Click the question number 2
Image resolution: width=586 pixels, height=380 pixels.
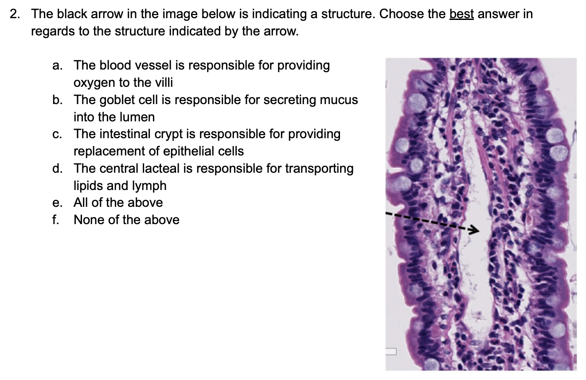pos(15,14)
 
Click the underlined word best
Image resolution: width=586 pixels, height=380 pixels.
pos(461,14)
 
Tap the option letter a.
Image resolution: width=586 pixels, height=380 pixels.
pos(57,66)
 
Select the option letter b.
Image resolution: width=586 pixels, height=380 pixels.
pos(57,100)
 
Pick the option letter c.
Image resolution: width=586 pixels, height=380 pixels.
pos(57,134)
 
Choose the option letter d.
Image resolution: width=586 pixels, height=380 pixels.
pos(57,168)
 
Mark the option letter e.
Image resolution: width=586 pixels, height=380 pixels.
pos(57,203)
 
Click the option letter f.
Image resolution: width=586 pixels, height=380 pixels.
pos(55,220)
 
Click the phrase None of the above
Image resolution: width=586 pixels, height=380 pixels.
pos(126,220)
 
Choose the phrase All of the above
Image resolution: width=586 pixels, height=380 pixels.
pos(118,202)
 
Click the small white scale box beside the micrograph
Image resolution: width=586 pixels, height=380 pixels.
pos(391,351)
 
